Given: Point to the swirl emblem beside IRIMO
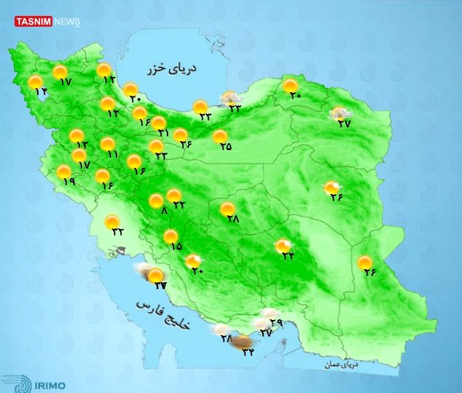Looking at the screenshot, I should [15, 383].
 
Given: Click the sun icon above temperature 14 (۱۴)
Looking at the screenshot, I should [35, 83].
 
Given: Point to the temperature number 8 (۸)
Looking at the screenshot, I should [164, 211].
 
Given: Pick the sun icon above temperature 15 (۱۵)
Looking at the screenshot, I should [170, 237].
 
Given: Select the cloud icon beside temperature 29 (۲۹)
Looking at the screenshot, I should [261, 321].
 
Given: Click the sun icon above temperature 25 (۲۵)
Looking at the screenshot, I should [220, 136].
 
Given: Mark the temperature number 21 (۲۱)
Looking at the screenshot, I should [164, 133].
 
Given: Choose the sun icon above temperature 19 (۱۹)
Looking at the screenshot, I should [63, 172].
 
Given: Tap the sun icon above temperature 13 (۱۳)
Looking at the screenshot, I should [76, 136].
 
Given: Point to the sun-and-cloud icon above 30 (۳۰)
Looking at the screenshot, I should [193, 261].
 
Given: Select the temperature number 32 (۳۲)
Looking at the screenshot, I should [118, 231].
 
